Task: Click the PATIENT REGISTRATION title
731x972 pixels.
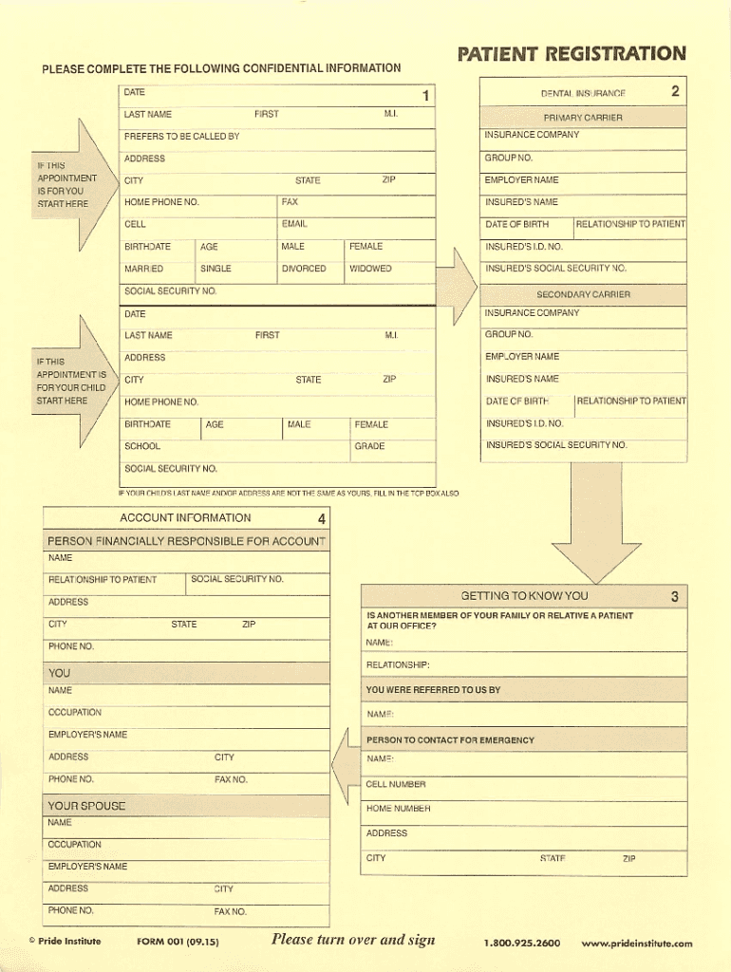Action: point(572,54)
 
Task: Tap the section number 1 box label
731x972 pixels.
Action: point(426,96)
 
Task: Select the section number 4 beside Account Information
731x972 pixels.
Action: point(322,518)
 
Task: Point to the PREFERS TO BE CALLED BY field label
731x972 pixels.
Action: point(181,137)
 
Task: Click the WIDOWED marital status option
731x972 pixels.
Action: point(370,269)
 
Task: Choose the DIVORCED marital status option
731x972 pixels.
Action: point(304,269)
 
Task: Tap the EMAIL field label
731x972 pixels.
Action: point(294,225)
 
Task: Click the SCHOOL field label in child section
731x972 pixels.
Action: point(142,446)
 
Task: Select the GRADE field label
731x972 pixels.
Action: point(369,446)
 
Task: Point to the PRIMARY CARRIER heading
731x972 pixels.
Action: point(583,118)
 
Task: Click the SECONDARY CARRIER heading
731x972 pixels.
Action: point(583,294)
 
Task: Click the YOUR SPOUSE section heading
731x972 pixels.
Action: point(86,806)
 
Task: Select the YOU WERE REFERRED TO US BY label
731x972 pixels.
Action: point(433,690)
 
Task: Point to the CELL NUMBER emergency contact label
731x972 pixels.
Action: point(396,785)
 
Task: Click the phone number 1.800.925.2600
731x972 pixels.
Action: point(521,944)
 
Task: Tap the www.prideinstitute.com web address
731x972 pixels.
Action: point(637,944)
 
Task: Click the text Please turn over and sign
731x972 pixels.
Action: point(353,940)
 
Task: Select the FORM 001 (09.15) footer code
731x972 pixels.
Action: point(178,943)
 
